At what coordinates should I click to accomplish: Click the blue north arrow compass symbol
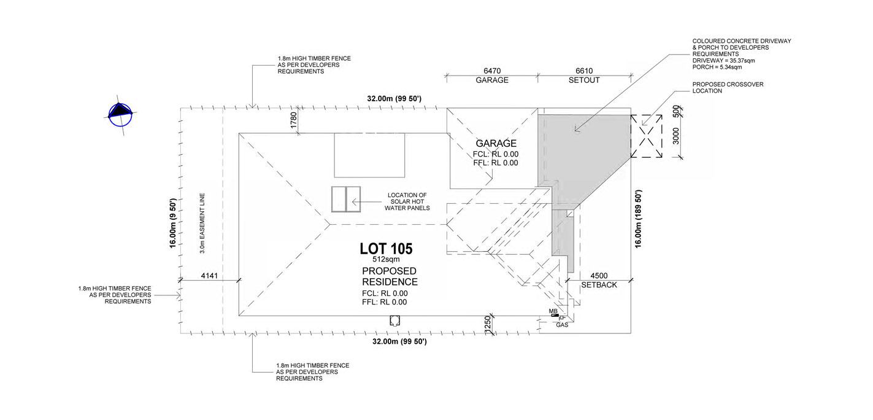(x=120, y=115)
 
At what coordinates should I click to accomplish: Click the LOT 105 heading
(x=386, y=249)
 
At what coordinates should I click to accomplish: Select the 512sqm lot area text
(x=386, y=259)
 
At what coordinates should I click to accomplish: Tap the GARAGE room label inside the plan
(x=496, y=143)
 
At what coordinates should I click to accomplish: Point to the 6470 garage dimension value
(x=492, y=71)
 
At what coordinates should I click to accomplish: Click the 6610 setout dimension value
(x=584, y=71)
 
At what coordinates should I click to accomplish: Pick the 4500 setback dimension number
(x=599, y=276)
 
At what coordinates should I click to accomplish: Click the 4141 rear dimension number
(x=209, y=276)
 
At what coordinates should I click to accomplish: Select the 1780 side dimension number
(x=294, y=120)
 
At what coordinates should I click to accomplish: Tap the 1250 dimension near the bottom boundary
(x=488, y=324)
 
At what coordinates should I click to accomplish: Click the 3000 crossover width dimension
(x=676, y=136)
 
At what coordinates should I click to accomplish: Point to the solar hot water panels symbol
(x=345, y=200)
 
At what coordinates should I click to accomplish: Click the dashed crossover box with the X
(x=646, y=136)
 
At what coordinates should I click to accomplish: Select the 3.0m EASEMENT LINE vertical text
(x=202, y=223)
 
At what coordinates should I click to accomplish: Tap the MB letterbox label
(x=553, y=311)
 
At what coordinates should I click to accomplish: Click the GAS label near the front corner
(x=562, y=325)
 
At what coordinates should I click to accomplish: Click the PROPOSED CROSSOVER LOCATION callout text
(x=728, y=88)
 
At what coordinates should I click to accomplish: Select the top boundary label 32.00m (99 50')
(x=394, y=99)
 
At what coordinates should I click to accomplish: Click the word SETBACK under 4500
(x=599, y=285)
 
